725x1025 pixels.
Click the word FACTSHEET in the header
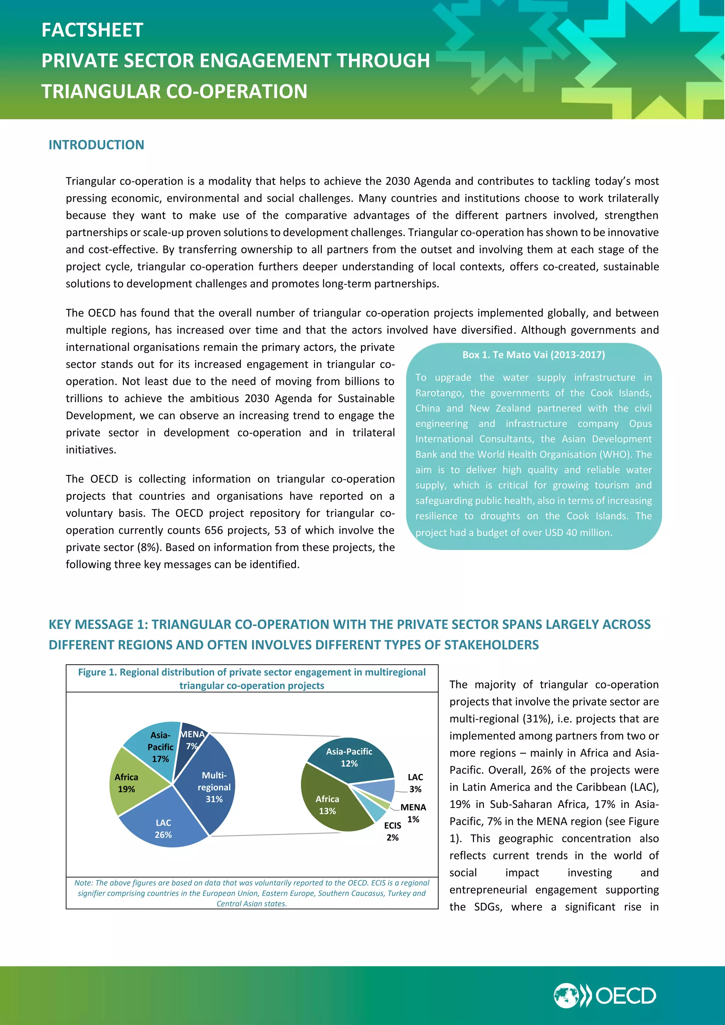point(92,30)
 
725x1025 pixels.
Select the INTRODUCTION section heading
point(96,145)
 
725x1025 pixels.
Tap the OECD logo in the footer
point(605,996)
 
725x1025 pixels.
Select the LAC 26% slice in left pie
point(164,828)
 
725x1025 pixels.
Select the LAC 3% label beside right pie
point(415,783)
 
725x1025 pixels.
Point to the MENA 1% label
point(413,813)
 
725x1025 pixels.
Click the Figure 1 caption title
point(252,678)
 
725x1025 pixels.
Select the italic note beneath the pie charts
point(252,893)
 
